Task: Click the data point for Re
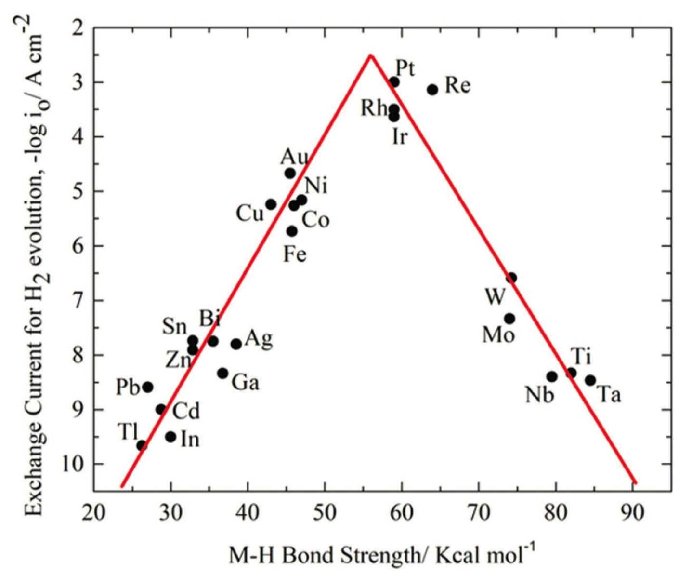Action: click(x=432, y=89)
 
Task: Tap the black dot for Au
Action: click(x=290, y=173)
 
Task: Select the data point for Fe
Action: click(x=292, y=231)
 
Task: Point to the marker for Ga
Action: click(x=222, y=373)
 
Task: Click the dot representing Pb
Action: click(x=148, y=387)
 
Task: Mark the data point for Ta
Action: click(x=590, y=380)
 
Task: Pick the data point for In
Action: click(x=170, y=437)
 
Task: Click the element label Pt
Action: click(x=405, y=68)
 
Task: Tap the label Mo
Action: click(x=498, y=334)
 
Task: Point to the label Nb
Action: click(x=539, y=395)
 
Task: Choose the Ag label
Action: click(x=259, y=338)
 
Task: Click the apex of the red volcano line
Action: click(x=370, y=56)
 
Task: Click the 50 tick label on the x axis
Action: click(x=325, y=513)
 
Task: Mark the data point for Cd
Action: click(x=161, y=410)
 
